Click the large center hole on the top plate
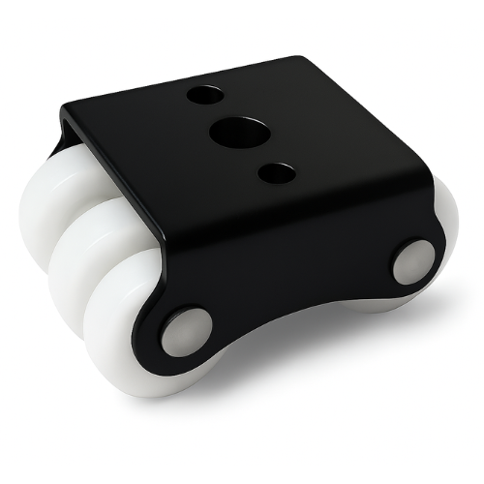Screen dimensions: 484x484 pos(233,132)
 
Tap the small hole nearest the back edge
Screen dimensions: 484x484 pos(204,97)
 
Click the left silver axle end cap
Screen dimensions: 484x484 pos(184,332)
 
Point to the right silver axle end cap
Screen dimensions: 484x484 pos(413,260)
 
